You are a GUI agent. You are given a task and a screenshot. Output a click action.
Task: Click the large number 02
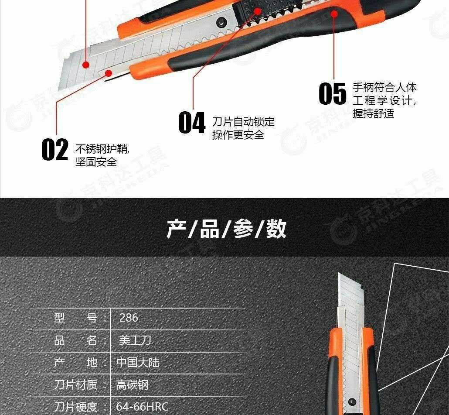tap(55, 149)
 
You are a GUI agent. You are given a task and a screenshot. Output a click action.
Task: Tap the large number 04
tap(192, 123)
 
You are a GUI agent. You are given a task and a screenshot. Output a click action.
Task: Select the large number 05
tap(333, 93)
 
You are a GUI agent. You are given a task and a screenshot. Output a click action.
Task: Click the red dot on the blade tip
tap(85, 65)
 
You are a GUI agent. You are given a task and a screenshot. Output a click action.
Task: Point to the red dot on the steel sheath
tap(108, 73)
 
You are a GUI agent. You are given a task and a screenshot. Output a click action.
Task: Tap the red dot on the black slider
tap(258, 11)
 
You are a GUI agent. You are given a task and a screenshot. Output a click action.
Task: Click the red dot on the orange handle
tap(334, 14)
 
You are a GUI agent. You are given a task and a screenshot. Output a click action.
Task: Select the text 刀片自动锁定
tap(243, 122)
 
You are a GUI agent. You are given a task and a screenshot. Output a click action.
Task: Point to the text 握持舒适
tap(374, 113)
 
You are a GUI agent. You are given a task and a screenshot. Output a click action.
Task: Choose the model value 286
tap(129, 318)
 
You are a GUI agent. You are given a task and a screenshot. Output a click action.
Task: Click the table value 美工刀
tap(135, 340)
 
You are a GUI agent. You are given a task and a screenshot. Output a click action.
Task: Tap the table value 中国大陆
tap(138, 363)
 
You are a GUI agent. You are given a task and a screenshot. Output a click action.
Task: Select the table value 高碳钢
tap(132, 384)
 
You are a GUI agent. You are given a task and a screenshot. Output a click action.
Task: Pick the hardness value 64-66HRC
tap(142, 407)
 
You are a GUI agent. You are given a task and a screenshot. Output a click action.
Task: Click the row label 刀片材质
tap(75, 384)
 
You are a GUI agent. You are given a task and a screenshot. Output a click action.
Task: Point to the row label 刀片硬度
tap(75, 407)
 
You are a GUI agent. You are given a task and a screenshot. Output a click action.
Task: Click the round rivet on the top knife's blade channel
tap(221, 21)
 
